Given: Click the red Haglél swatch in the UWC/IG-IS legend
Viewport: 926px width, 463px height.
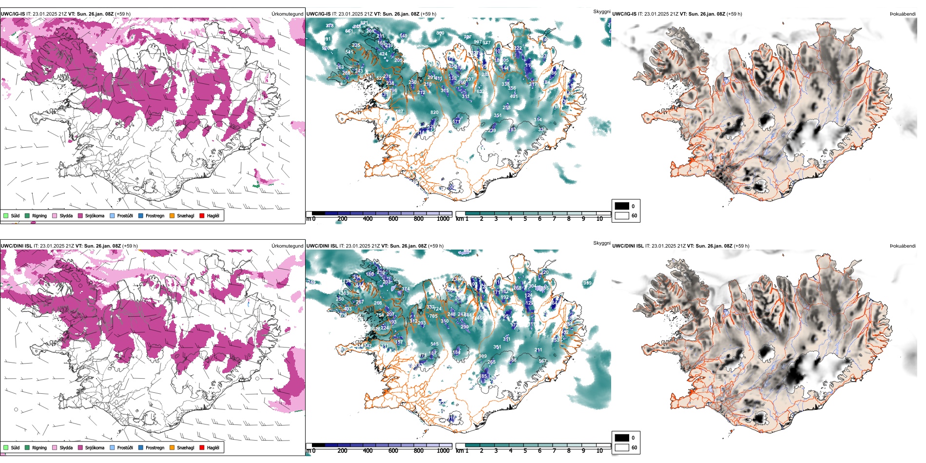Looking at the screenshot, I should click(x=202, y=215).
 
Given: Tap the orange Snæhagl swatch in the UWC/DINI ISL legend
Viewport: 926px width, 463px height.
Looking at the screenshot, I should click(x=172, y=447).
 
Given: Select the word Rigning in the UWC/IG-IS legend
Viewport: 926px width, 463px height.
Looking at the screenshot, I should click(x=39, y=216).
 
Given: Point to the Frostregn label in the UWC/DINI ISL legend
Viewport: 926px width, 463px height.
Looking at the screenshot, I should click(x=155, y=448).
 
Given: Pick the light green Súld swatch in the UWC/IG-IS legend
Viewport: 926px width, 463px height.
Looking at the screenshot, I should click(x=6, y=215).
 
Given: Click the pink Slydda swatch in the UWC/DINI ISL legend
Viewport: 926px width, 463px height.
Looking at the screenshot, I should click(x=55, y=447).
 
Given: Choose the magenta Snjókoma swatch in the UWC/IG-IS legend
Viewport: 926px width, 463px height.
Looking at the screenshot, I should click(x=80, y=215).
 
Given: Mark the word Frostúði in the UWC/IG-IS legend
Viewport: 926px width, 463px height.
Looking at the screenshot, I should click(x=125, y=216).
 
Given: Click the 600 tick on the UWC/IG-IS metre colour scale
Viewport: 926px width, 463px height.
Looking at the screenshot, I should click(x=393, y=219).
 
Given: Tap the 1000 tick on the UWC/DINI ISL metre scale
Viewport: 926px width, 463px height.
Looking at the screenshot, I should click(x=443, y=451).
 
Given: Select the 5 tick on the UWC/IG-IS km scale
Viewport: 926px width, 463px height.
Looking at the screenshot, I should click(x=525, y=219).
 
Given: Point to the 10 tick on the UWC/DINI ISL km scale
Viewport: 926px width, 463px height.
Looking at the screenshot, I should click(x=599, y=451).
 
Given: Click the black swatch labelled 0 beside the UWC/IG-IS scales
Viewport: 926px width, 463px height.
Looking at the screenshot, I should click(x=622, y=206).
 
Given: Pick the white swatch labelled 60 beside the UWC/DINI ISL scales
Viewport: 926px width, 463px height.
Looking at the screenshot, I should click(x=622, y=447).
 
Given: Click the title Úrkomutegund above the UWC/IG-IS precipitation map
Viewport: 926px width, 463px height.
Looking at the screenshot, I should click(x=287, y=14).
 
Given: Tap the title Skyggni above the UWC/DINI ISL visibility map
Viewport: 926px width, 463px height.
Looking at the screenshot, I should click(x=601, y=243).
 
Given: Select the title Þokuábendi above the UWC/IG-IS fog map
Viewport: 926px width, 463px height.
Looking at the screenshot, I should click(x=903, y=14).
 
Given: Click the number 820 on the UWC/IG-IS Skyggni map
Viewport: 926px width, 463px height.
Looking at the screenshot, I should click(x=434, y=113).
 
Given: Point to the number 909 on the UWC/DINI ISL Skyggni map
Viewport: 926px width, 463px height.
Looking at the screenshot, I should click(x=482, y=356).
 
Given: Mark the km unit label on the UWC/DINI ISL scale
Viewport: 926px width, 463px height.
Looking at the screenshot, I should click(x=460, y=451).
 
